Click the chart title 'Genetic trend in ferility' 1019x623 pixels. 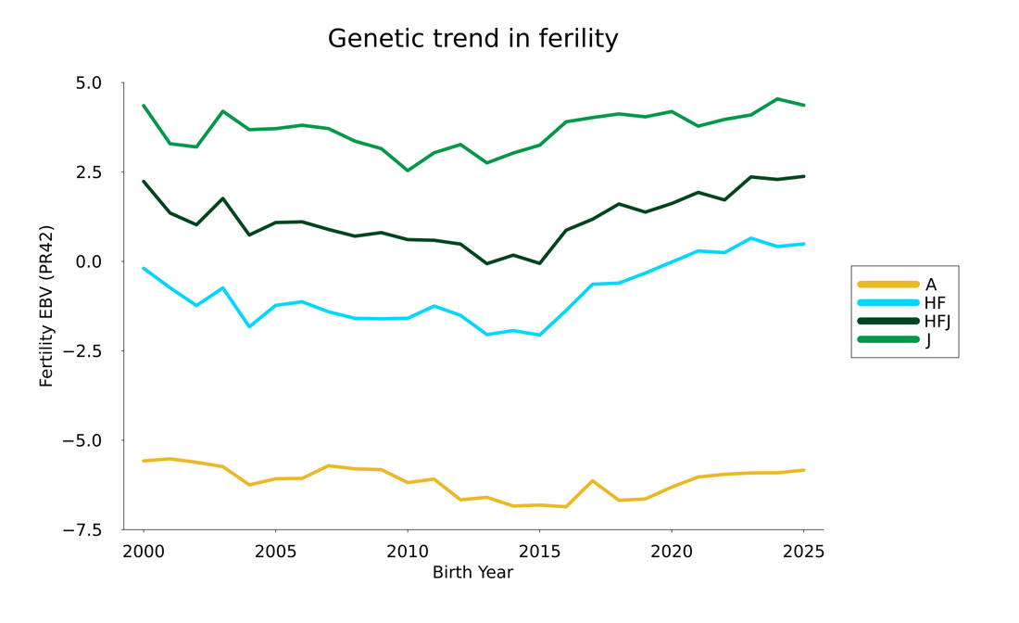tap(472, 39)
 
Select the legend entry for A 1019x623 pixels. tap(930, 285)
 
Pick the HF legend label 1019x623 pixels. tap(935, 303)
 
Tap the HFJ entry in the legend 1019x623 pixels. tap(937, 322)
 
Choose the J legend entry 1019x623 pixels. tap(928, 340)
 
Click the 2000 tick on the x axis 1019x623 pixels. tap(144, 552)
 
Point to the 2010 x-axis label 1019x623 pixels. tap(407, 552)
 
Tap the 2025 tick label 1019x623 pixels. tap(802, 552)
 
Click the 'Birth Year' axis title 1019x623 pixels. tap(472, 573)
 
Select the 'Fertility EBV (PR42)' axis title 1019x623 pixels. tap(46, 306)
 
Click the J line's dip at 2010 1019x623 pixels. tap(407, 171)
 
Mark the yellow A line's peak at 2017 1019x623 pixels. tap(592, 480)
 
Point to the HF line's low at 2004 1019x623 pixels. tap(249, 326)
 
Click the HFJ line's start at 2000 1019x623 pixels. tap(144, 182)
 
